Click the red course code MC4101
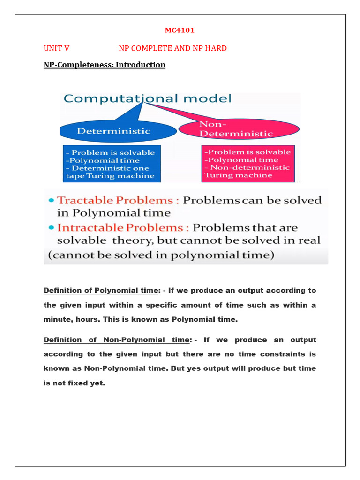click(180, 30)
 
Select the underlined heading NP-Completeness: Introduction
click(104, 65)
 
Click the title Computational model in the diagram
click(148, 98)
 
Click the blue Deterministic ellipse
click(113, 131)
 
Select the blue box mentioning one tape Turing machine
click(112, 164)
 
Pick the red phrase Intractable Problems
click(123, 228)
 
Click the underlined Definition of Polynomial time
click(101, 290)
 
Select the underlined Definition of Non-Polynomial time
click(117, 339)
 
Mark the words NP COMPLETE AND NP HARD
click(172, 48)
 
